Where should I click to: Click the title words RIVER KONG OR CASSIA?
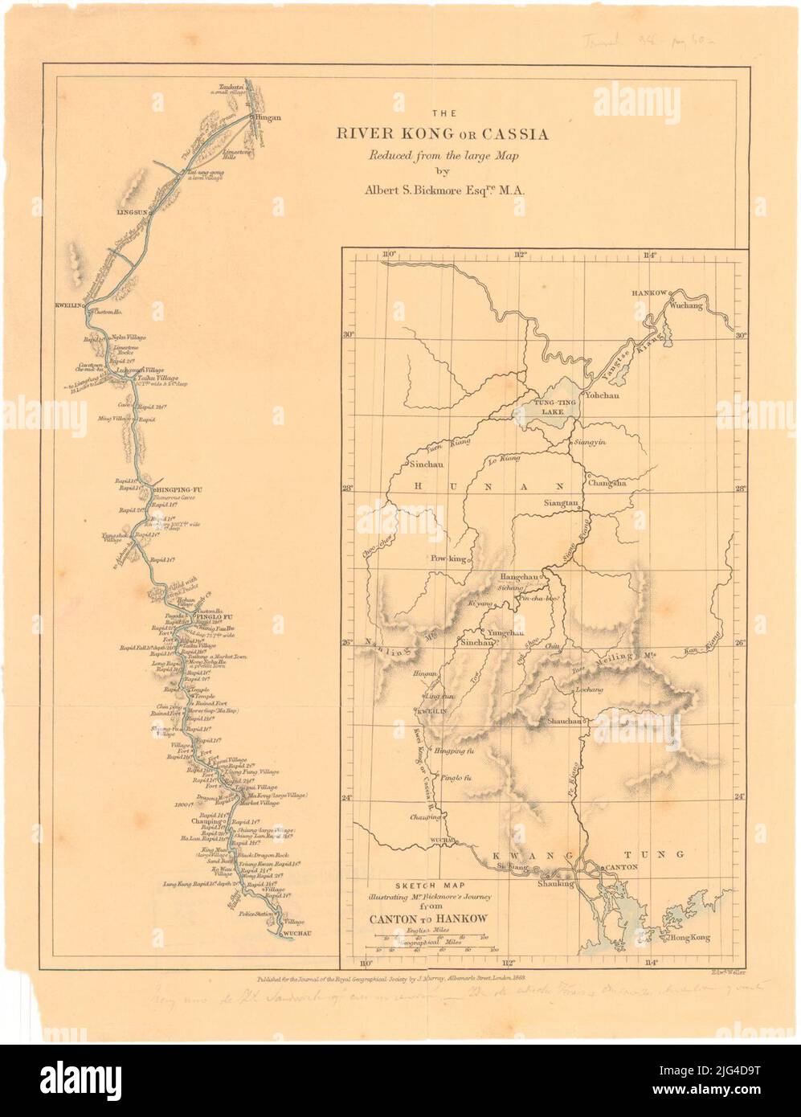tap(443, 134)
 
